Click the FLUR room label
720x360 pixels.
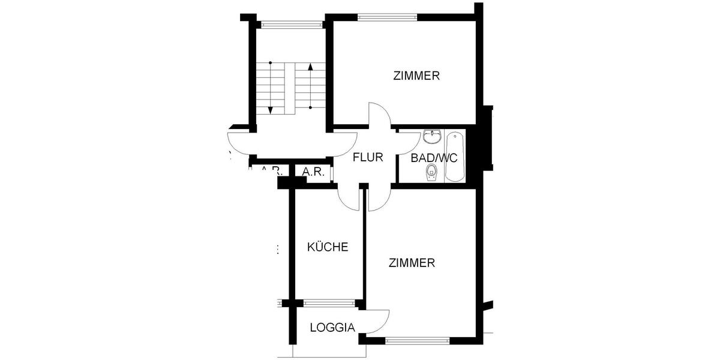(x=368, y=158)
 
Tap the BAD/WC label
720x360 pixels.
(x=434, y=158)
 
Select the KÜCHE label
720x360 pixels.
(x=328, y=247)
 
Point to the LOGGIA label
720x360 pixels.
(x=333, y=328)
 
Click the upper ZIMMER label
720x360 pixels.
(x=416, y=76)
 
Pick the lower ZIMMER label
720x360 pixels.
(x=412, y=263)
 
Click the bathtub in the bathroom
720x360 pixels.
(x=454, y=157)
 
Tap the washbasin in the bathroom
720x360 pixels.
(x=431, y=137)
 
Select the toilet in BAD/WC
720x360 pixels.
(x=430, y=173)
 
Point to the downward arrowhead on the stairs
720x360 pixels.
(x=271, y=110)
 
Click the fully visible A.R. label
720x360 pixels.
(x=313, y=172)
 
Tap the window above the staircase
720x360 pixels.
(x=291, y=25)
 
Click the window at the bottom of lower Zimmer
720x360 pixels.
(x=417, y=340)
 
